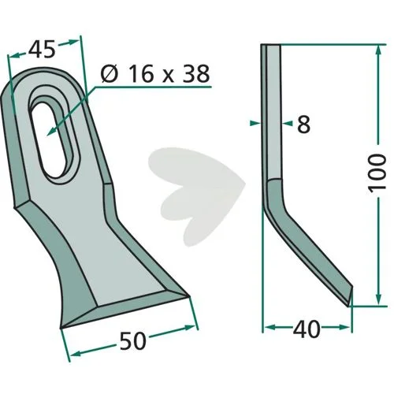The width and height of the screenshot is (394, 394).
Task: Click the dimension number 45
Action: click(x=42, y=49)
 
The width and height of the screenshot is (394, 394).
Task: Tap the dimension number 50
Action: click(x=132, y=340)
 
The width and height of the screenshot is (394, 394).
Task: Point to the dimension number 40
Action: click(x=307, y=329)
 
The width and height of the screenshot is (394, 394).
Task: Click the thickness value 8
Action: click(x=303, y=124)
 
